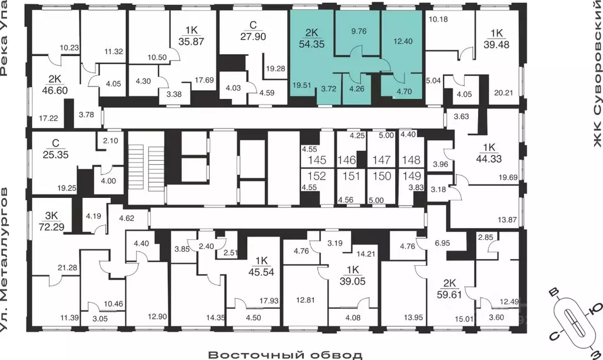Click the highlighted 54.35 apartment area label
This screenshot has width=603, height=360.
[312, 44]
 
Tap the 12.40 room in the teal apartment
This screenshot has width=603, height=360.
[403, 41]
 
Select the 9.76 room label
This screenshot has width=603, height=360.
[359, 31]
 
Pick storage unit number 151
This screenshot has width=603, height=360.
[351, 176]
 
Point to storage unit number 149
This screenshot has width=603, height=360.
[412, 176]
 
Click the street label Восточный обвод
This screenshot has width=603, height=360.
[285, 355]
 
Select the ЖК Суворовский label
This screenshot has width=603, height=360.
[597, 73]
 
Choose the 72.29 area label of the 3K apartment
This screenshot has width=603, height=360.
[52, 227]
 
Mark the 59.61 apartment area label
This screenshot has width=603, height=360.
[449, 295]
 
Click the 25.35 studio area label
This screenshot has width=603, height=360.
[55, 155]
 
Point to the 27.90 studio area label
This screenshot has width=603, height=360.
[253, 37]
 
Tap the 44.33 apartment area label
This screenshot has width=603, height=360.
[489, 158]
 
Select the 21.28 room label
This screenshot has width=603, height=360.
[67, 267]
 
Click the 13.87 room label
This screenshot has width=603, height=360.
[507, 220]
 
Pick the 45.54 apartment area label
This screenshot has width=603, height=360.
[261, 272]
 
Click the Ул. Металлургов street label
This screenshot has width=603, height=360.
[4, 260]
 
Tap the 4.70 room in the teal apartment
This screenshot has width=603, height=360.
[404, 91]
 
